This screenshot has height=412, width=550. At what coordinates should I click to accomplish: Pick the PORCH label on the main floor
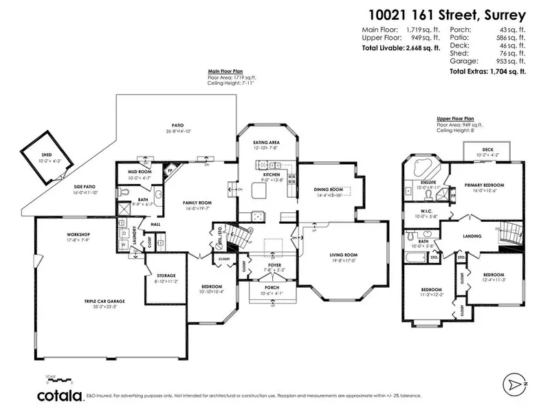pos(274,288)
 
